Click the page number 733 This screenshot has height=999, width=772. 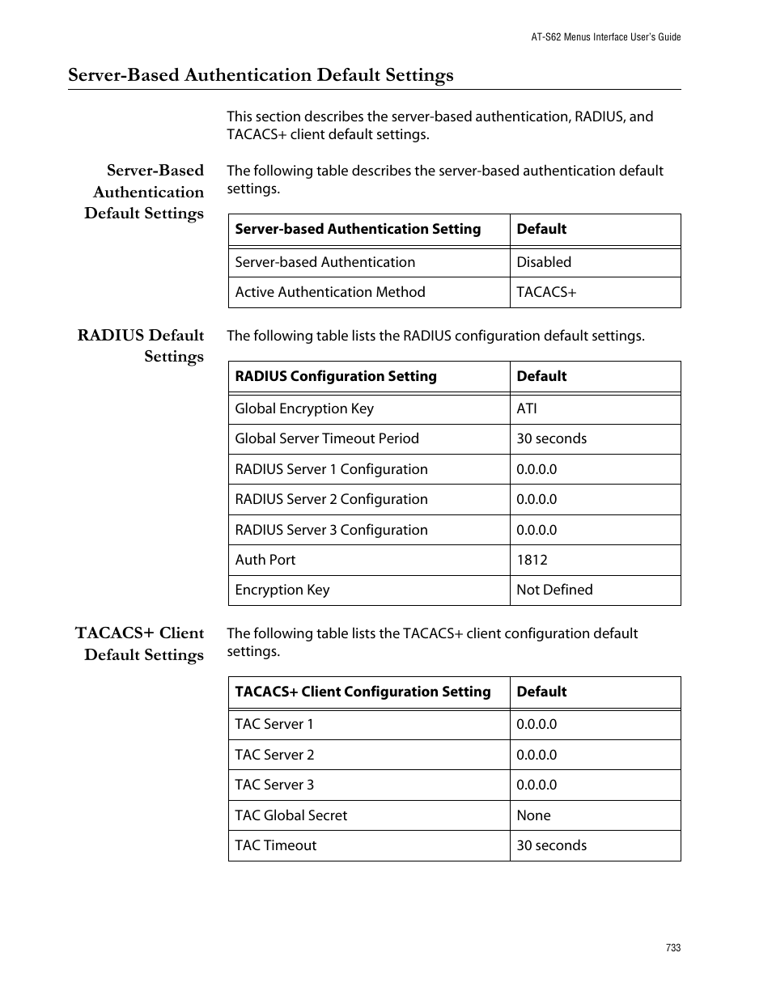[x=673, y=948]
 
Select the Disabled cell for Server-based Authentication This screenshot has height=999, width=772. [x=544, y=262]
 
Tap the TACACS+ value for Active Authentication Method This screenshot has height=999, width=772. [x=546, y=292]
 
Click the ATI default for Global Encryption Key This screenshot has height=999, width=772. [x=527, y=408]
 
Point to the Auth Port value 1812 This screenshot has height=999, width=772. [x=532, y=560]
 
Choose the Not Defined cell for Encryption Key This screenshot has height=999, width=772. [x=554, y=590]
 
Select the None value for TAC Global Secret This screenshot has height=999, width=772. [x=533, y=815]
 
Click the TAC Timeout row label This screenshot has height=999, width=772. [x=275, y=845]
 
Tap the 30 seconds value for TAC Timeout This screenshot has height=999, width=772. [x=551, y=845]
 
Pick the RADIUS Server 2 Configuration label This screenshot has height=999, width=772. [x=331, y=499]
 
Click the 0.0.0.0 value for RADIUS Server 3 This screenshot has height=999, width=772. [x=537, y=530]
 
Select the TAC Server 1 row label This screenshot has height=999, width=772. [x=274, y=724]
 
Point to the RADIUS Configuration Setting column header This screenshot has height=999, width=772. [x=335, y=376]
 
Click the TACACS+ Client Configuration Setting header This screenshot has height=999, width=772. [x=363, y=692]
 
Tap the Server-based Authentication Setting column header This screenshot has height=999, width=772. [x=358, y=229]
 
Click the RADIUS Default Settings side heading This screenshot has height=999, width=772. [x=141, y=345]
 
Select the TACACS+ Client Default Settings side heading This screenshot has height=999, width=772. [x=140, y=644]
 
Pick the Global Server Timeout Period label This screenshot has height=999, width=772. [x=327, y=438]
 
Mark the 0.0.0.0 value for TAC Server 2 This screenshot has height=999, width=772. [x=537, y=755]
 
